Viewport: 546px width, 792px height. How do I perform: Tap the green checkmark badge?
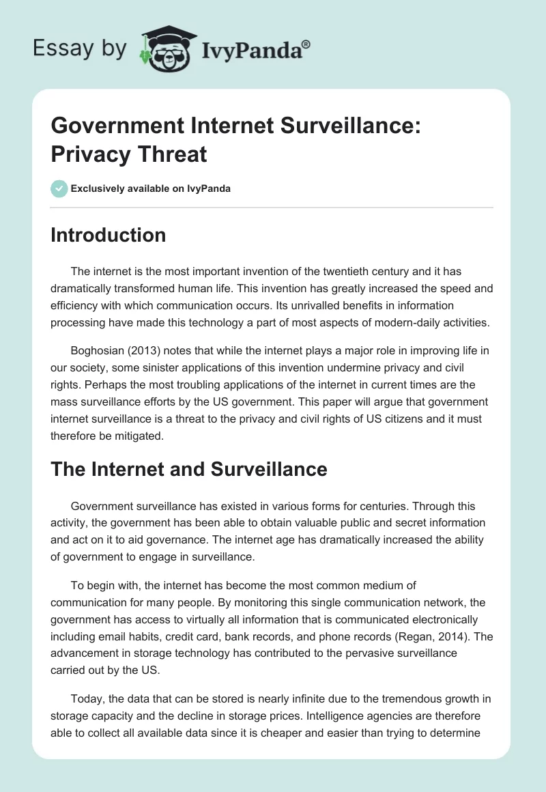(x=59, y=188)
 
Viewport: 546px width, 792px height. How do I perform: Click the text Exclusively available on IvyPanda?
(x=151, y=188)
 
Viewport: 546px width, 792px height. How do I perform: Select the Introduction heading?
(x=109, y=235)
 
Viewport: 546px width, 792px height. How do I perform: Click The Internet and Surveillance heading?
(x=189, y=469)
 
